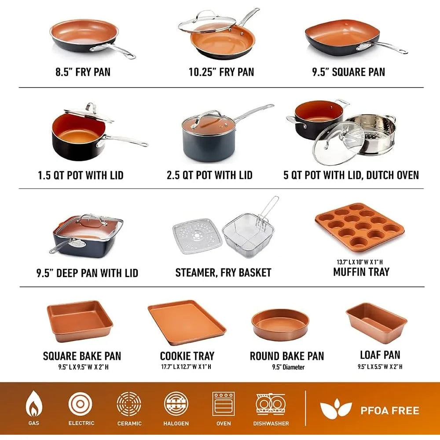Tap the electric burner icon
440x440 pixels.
pos(80,404)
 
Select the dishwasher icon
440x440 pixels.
pos(271,404)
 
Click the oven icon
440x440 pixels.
pos(224,404)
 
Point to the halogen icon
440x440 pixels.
pos(176,404)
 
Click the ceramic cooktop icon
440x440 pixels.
pos(129,404)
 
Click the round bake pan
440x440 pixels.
pos(280,325)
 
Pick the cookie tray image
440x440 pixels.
pos(187,323)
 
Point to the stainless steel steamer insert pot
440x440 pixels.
pos(371,134)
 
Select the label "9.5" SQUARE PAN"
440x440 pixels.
pos(348,72)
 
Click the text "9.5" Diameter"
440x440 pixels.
pos(288,367)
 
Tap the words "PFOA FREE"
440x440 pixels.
pos(390,411)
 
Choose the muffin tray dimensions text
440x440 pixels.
pos(359,262)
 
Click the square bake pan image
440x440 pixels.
pos(80,321)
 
